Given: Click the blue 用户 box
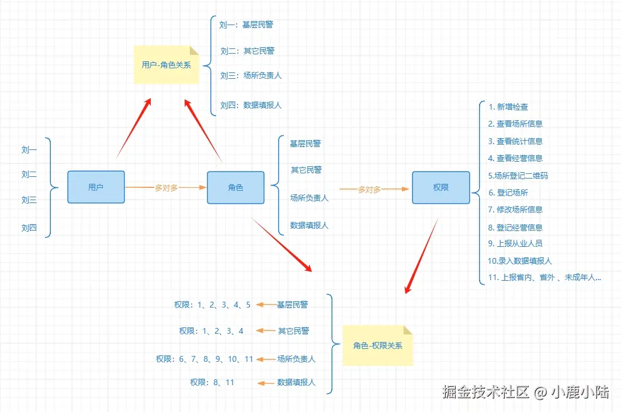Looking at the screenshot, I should [96, 187].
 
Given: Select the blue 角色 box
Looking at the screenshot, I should [235, 187].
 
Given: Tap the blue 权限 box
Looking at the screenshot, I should [440, 187].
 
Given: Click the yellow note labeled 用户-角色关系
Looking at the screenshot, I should [166, 65].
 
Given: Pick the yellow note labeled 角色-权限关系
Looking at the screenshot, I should [377, 345].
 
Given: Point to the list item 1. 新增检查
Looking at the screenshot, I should [508, 107].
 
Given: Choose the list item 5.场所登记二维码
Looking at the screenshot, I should [518, 175].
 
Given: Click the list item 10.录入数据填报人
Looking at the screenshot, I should [520, 261].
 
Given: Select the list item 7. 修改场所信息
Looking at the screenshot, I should [515, 210].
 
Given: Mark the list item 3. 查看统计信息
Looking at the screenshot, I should [515, 141].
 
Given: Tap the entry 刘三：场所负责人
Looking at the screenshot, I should [251, 75].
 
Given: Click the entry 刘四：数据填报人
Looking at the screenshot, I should [251, 105].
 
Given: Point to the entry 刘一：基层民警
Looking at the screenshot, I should [246, 25].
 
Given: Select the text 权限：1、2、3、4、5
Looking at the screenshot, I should [212, 305].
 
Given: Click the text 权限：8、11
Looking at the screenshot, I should [212, 383].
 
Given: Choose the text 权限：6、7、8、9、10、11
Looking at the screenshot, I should [204, 359].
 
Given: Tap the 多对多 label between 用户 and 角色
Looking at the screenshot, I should [166, 188].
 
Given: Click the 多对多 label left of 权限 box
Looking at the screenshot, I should [369, 189].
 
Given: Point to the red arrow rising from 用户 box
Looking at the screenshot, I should [134, 127].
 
